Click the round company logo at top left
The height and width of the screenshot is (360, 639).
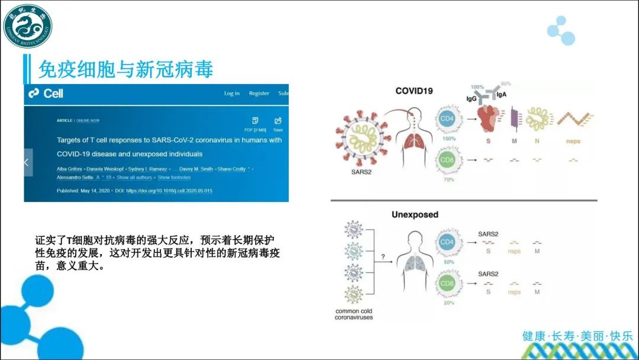coord(27,26)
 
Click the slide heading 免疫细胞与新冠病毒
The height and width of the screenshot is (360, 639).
coord(125,69)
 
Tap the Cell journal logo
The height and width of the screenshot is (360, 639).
coord(46,94)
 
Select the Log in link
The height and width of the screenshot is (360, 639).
coord(232,94)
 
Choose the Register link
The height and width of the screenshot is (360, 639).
coord(259,94)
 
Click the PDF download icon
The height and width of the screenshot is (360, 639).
coord(255,121)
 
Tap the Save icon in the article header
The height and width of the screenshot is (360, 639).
coord(278,121)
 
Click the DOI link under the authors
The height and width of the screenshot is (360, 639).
coord(169,191)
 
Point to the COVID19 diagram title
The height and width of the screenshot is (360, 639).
coord(414,91)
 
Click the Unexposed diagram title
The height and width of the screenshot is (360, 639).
coord(415,214)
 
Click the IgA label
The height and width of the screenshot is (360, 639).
coord(501,94)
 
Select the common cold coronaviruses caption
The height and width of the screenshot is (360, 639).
coord(354,314)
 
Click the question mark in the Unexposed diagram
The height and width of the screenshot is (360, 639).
coord(383,257)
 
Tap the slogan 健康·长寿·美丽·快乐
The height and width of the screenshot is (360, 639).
coord(577,336)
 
